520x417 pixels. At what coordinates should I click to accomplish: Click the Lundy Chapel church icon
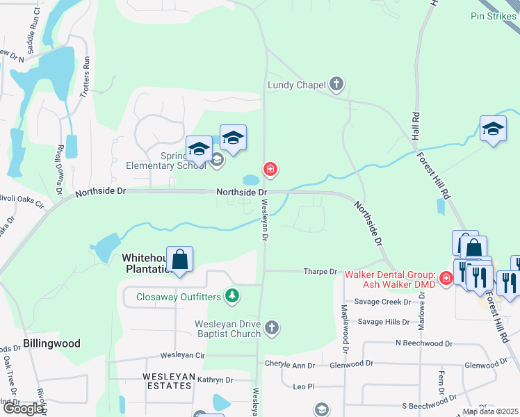click(336, 85)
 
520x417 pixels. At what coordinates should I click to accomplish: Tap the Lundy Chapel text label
click(297, 85)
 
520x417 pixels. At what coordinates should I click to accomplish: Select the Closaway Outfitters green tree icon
click(232, 297)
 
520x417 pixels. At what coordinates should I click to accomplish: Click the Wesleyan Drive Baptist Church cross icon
click(272, 327)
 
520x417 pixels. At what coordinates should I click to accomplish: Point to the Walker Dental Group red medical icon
click(445, 279)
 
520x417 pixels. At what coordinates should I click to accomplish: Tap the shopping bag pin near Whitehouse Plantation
click(180, 260)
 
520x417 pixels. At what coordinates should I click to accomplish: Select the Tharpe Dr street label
click(320, 272)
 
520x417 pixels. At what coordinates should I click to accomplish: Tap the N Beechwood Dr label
click(423, 343)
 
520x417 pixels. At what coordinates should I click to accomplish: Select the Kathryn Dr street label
click(215, 379)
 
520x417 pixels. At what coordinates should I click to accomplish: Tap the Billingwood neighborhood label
click(51, 343)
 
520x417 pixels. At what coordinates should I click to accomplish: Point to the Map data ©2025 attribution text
click(489, 411)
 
